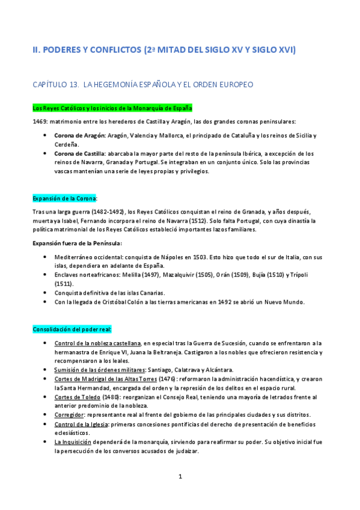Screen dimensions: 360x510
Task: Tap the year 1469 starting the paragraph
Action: [41, 121]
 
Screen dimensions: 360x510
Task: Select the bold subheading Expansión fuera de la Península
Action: [77, 243]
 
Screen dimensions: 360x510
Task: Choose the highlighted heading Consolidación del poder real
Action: [76, 330]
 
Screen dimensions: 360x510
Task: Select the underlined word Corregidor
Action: [69, 415]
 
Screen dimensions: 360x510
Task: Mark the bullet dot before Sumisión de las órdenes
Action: [47, 369]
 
